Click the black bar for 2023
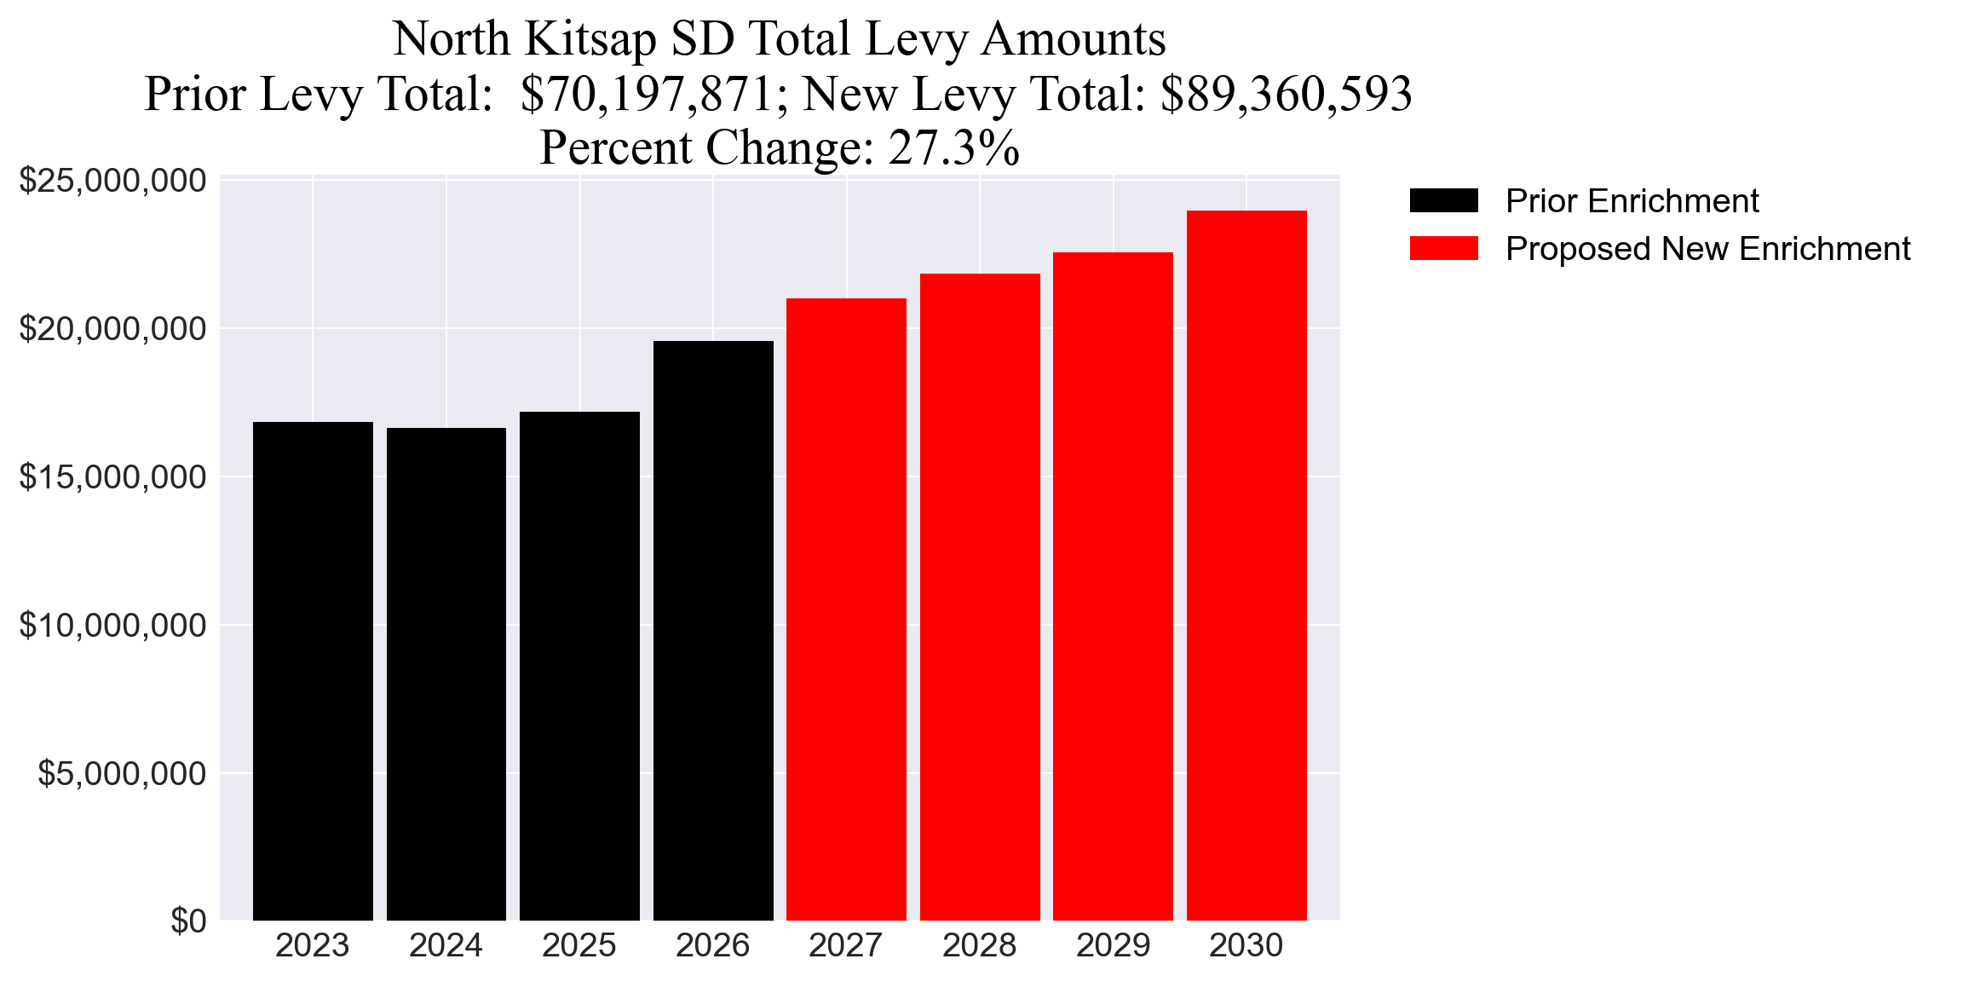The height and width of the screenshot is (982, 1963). pos(313,671)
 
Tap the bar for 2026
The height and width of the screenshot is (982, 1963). pos(713,631)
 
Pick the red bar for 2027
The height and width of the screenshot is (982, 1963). pos(846,609)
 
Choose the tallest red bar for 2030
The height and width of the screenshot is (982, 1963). pos(1246,565)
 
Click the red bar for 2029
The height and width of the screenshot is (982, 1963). pos(1113,586)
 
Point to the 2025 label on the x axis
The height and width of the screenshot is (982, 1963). pos(579,945)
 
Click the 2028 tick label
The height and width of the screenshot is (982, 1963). pos(980,945)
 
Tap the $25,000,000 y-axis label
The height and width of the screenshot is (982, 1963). pos(112,181)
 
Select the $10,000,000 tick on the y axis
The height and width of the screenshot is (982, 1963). pos(112,626)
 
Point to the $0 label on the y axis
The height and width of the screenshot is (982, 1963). pos(188,921)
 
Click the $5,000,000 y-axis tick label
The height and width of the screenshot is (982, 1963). pos(122,774)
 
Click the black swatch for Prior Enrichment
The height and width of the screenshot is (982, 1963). pos(1443,201)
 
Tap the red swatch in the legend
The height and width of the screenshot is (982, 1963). pos(1443,249)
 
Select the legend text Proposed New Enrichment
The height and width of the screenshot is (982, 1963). pos(1707,249)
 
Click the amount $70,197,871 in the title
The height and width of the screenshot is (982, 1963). pos(647,94)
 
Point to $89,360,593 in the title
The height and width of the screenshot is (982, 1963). pos(1287,94)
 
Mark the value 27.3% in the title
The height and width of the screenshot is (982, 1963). pos(954,147)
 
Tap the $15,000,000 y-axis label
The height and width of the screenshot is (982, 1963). pos(112,477)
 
